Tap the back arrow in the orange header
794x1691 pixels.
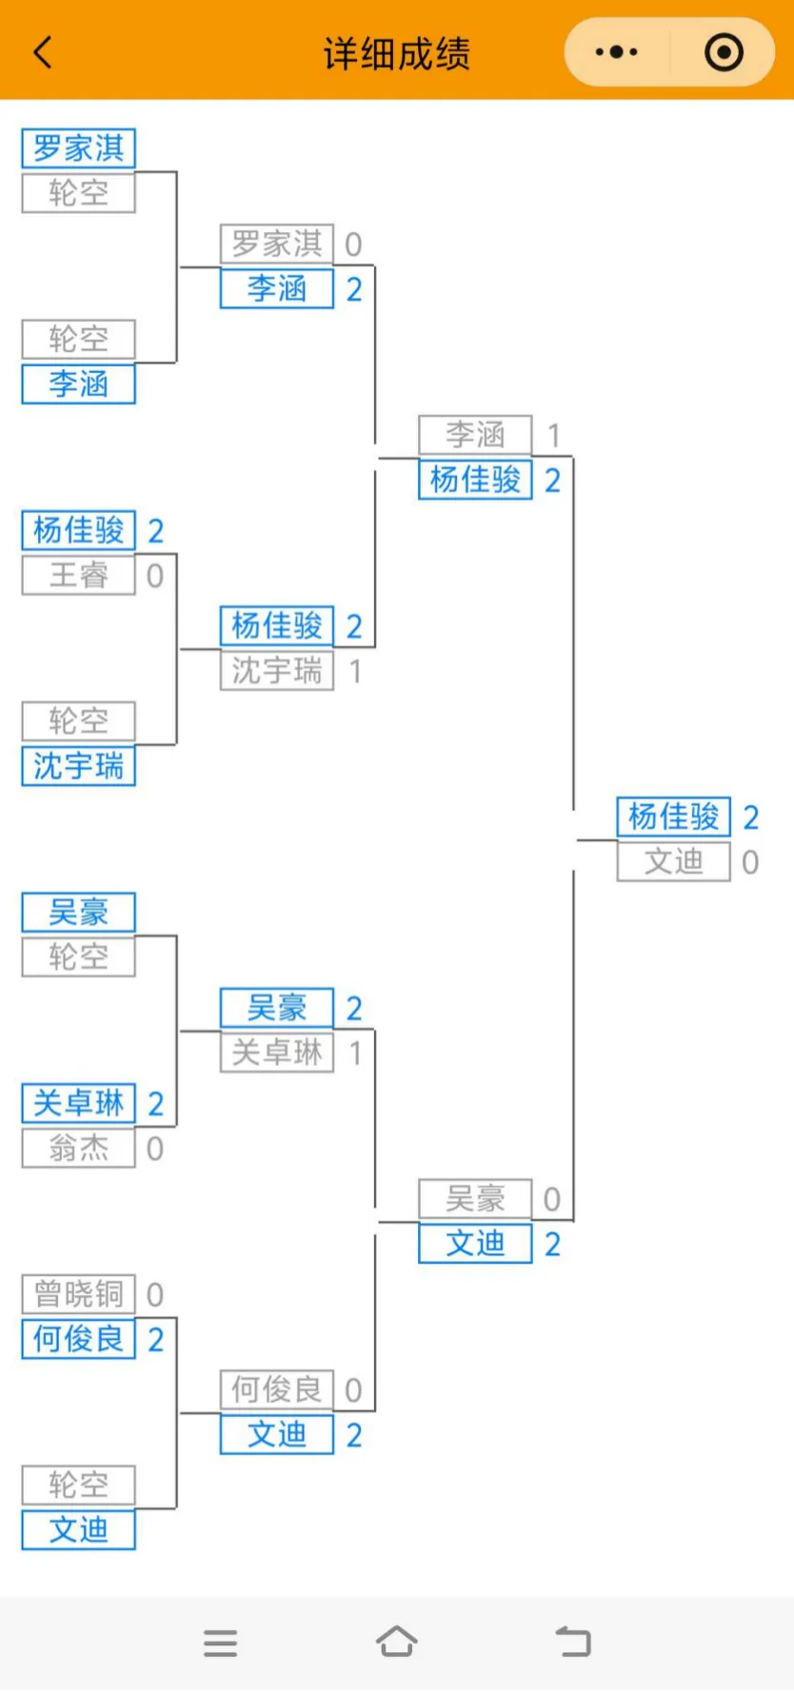[x=43, y=52]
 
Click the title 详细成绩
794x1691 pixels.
[x=396, y=53]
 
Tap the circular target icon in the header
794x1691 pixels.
[x=724, y=52]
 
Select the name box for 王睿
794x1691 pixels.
[x=79, y=576]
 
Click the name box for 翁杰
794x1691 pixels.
[x=79, y=1149]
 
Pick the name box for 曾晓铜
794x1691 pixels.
[x=79, y=1294]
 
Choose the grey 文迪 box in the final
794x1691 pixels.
[x=673, y=862]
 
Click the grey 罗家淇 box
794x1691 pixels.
[x=277, y=245]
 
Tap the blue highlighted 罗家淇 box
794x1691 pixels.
[x=79, y=148]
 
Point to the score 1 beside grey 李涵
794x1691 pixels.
[x=553, y=436]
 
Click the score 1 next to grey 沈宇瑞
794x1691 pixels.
[x=355, y=672]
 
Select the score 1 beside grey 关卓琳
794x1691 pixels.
[x=355, y=1053]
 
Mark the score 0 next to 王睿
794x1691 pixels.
[x=155, y=576]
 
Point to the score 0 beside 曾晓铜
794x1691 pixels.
[x=155, y=1294]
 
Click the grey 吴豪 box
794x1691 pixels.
[x=475, y=1199]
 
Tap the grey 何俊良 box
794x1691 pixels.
[x=277, y=1390]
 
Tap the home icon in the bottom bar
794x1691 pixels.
[x=396, y=1642]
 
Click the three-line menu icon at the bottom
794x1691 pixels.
[x=220, y=1642]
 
